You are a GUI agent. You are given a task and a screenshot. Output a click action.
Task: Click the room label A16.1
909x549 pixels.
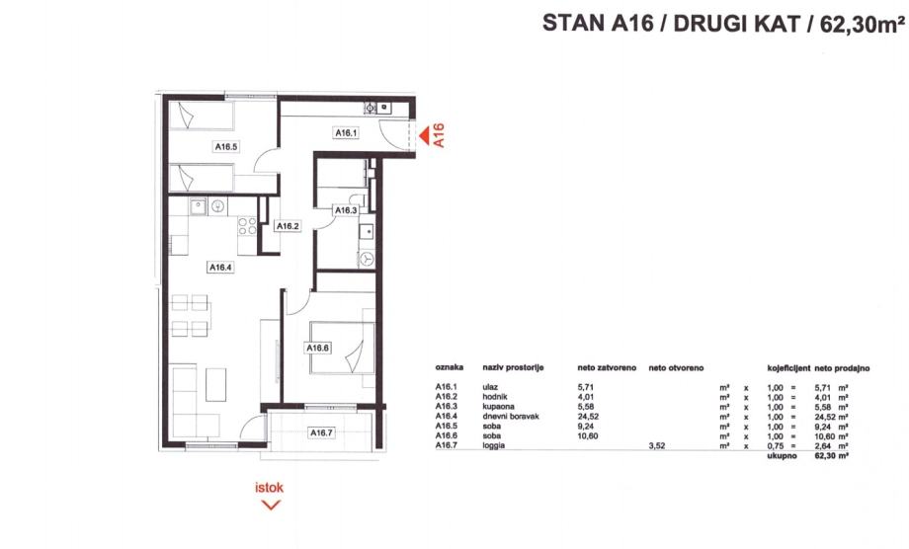point(346,133)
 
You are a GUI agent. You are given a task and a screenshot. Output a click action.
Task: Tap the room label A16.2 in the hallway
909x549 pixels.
point(288,226)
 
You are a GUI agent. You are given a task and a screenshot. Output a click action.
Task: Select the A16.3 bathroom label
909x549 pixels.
point(346,210)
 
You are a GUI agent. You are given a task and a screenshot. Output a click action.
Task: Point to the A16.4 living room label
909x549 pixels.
point(220,267)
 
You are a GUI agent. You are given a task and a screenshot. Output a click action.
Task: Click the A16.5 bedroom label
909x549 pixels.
point(226,146)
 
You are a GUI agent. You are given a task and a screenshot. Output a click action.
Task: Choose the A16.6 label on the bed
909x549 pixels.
point(318,348)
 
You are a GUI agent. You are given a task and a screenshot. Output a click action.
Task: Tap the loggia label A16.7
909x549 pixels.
point(321,432)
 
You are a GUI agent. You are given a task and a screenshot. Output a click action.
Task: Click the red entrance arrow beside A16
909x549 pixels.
point(424,135)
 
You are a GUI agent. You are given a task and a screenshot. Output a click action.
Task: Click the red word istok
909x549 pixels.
point(270,488)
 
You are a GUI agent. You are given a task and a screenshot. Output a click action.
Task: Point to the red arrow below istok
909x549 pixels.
point(271,506)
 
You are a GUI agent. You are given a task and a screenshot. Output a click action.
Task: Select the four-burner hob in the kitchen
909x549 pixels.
point(248,226)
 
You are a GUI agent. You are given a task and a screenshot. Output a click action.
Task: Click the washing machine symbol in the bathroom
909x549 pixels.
point(367,259)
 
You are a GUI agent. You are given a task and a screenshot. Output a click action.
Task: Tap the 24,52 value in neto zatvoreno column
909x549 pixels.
point(588,417)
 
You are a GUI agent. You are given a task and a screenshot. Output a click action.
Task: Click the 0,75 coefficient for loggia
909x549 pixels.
point(775,445)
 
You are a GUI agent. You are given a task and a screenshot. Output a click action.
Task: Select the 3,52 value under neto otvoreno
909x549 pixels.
point(657,445)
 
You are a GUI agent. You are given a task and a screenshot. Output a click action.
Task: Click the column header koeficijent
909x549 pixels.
point(788,367)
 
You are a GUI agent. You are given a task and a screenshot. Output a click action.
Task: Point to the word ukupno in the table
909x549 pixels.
point(782,456)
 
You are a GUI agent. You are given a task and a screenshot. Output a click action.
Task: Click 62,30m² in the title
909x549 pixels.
point(863,24)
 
